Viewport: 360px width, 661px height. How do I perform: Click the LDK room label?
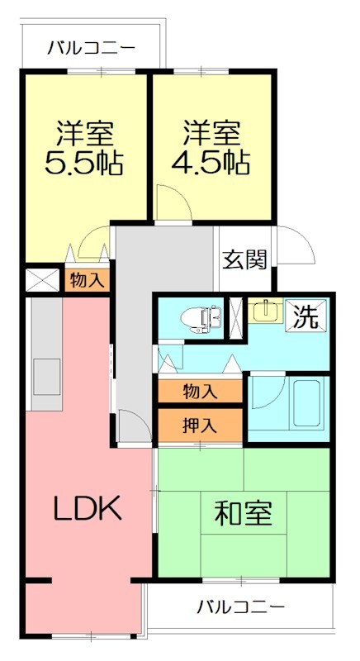point(88,508)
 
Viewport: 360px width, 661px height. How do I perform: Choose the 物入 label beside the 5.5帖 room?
point(87,280)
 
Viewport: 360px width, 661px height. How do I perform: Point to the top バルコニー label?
point(90,48)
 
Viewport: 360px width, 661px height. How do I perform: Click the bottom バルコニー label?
point(240,607)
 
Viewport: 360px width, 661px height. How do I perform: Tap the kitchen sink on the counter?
point(45,369)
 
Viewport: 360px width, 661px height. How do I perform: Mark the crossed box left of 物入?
point(42,279)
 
